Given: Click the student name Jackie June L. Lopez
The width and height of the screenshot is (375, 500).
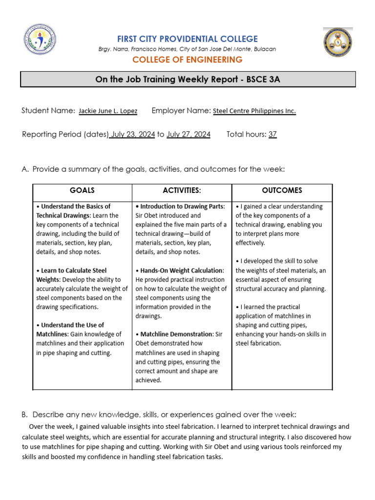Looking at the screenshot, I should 108,111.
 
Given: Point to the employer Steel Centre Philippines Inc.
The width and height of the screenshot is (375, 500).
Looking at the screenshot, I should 254,111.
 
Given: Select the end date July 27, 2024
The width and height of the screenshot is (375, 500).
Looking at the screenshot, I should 188,134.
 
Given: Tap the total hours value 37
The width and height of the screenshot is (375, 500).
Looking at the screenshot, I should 272,134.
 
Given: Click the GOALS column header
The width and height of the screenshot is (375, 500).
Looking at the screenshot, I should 82,190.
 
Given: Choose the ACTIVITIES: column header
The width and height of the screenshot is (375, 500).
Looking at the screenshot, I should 182,190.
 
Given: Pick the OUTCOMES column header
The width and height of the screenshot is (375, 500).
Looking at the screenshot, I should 282,190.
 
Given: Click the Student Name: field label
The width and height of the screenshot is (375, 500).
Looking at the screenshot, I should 48,111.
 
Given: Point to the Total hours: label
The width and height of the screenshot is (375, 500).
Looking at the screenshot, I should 246,134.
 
